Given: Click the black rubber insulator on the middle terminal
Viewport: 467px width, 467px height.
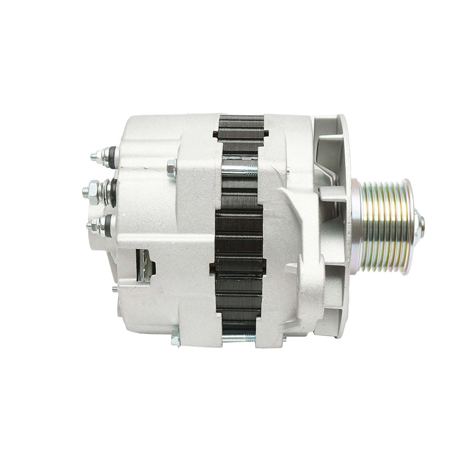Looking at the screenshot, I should (113, 190).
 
